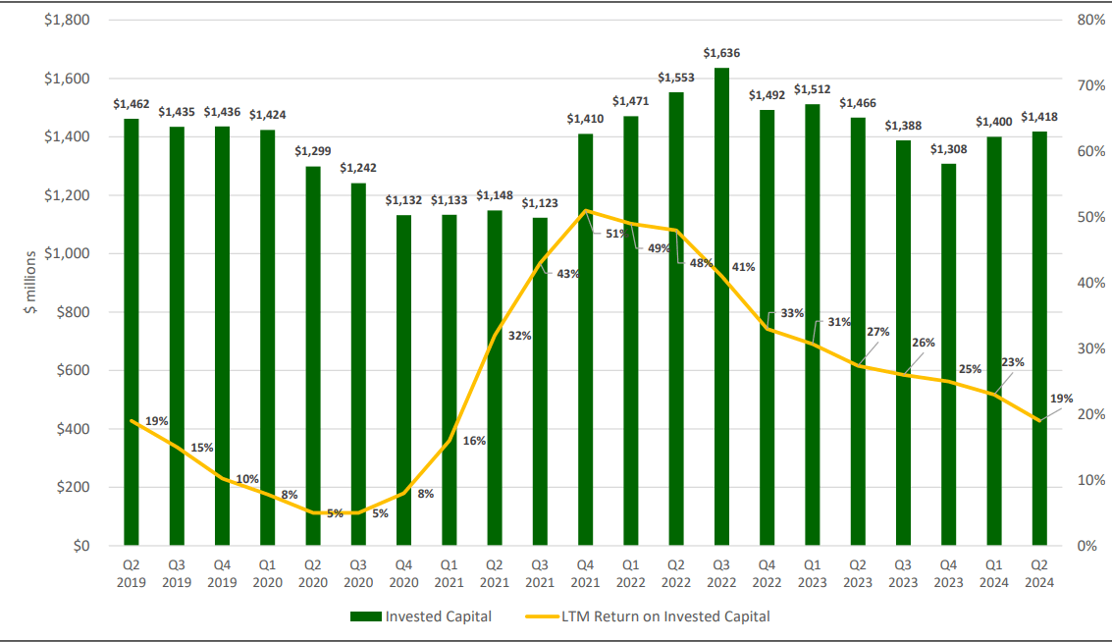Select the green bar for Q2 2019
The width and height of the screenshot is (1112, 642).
tap(132, 334)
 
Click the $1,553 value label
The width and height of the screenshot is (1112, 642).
tap(676, 77)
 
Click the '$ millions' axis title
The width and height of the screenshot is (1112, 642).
tap(30, 283)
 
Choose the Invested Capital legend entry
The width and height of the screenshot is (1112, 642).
tap(421, 616)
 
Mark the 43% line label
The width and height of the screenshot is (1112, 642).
tap(567, 274)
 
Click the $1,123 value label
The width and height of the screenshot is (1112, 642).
tap(540, 203)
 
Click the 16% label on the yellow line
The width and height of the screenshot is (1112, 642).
tap(474, 441)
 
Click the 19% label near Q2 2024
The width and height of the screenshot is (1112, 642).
tap(1061, 399)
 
